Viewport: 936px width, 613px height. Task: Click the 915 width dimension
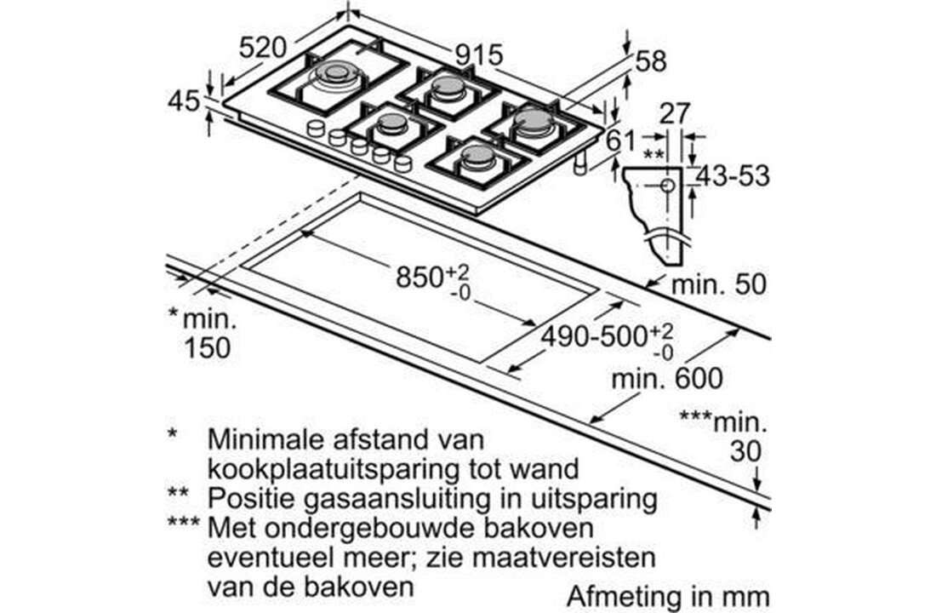coord(479,54)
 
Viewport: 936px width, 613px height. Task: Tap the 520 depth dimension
coord(262,48)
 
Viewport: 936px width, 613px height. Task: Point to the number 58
coord(651,61)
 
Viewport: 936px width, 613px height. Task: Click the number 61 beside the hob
coord(623,140)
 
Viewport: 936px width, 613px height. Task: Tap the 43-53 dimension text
coord(732,176)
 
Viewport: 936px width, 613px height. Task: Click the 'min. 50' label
coord(718,284)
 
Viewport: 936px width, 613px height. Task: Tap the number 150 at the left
coord(207,347)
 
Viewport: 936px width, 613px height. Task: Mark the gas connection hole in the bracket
coord(667,185)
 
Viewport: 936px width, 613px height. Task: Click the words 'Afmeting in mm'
coord(667,594)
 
